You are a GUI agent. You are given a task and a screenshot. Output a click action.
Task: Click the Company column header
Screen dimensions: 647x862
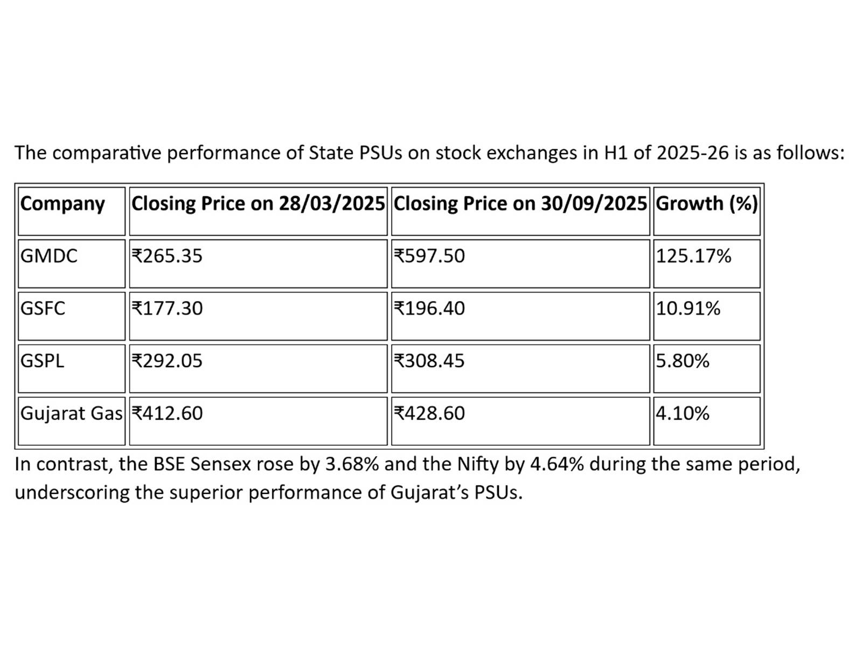coord(62,204)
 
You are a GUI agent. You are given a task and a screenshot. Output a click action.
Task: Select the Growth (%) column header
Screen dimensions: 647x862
coord(706,204)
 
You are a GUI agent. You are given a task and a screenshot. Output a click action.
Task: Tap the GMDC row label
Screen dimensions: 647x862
coord(49,256)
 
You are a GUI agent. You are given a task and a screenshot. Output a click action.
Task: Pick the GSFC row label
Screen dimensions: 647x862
coord(43,308)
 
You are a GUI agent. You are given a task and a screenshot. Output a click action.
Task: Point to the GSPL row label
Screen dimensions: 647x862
coord(43,361)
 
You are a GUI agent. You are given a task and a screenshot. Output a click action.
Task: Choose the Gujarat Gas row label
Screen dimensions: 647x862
coord(71,414)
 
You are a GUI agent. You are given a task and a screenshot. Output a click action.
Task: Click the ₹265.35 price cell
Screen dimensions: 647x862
coord(167,256)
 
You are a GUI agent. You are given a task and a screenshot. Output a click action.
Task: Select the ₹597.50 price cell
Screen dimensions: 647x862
coord(429,256)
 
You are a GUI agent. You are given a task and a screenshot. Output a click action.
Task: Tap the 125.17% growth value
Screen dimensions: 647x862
coord(693,256)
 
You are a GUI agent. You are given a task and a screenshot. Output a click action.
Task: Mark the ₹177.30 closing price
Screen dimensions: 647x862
coord(167,308)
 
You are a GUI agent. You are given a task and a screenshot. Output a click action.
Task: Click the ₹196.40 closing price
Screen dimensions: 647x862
coord(429,308)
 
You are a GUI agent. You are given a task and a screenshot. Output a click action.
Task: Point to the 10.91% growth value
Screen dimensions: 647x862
coord(688,308)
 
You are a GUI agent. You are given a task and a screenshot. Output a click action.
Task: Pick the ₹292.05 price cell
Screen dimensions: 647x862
coord(167,361)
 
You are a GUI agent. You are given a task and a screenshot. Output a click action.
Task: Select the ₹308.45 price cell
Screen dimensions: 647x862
coord(429,361)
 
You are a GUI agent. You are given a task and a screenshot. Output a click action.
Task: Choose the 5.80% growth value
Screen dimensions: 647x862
coord(683,361)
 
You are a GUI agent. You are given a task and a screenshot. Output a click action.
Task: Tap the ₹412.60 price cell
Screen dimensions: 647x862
coord(167,414)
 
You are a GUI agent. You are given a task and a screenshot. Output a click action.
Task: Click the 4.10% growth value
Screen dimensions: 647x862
coord(683,414)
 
